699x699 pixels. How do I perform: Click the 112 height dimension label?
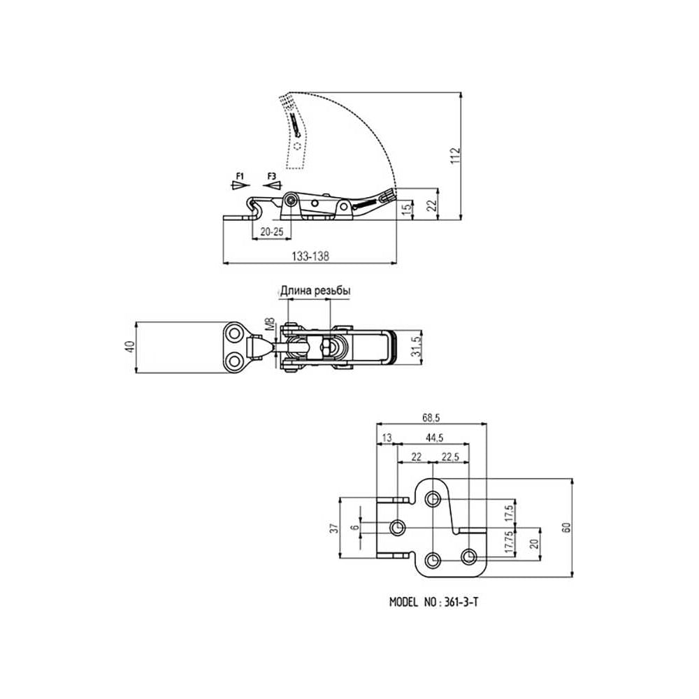[x=455, y=155]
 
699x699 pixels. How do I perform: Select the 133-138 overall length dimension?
[x=310, y=257]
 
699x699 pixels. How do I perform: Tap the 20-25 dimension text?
[x=271, y=232]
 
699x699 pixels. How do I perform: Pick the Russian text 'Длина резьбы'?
[x=315, y=291]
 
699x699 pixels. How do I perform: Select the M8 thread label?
[x=270, y=324]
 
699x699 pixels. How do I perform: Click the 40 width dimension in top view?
[x=129, y=347]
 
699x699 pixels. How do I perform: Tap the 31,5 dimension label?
[x=416, y=347]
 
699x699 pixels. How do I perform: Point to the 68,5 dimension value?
[x=431, y=418]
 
